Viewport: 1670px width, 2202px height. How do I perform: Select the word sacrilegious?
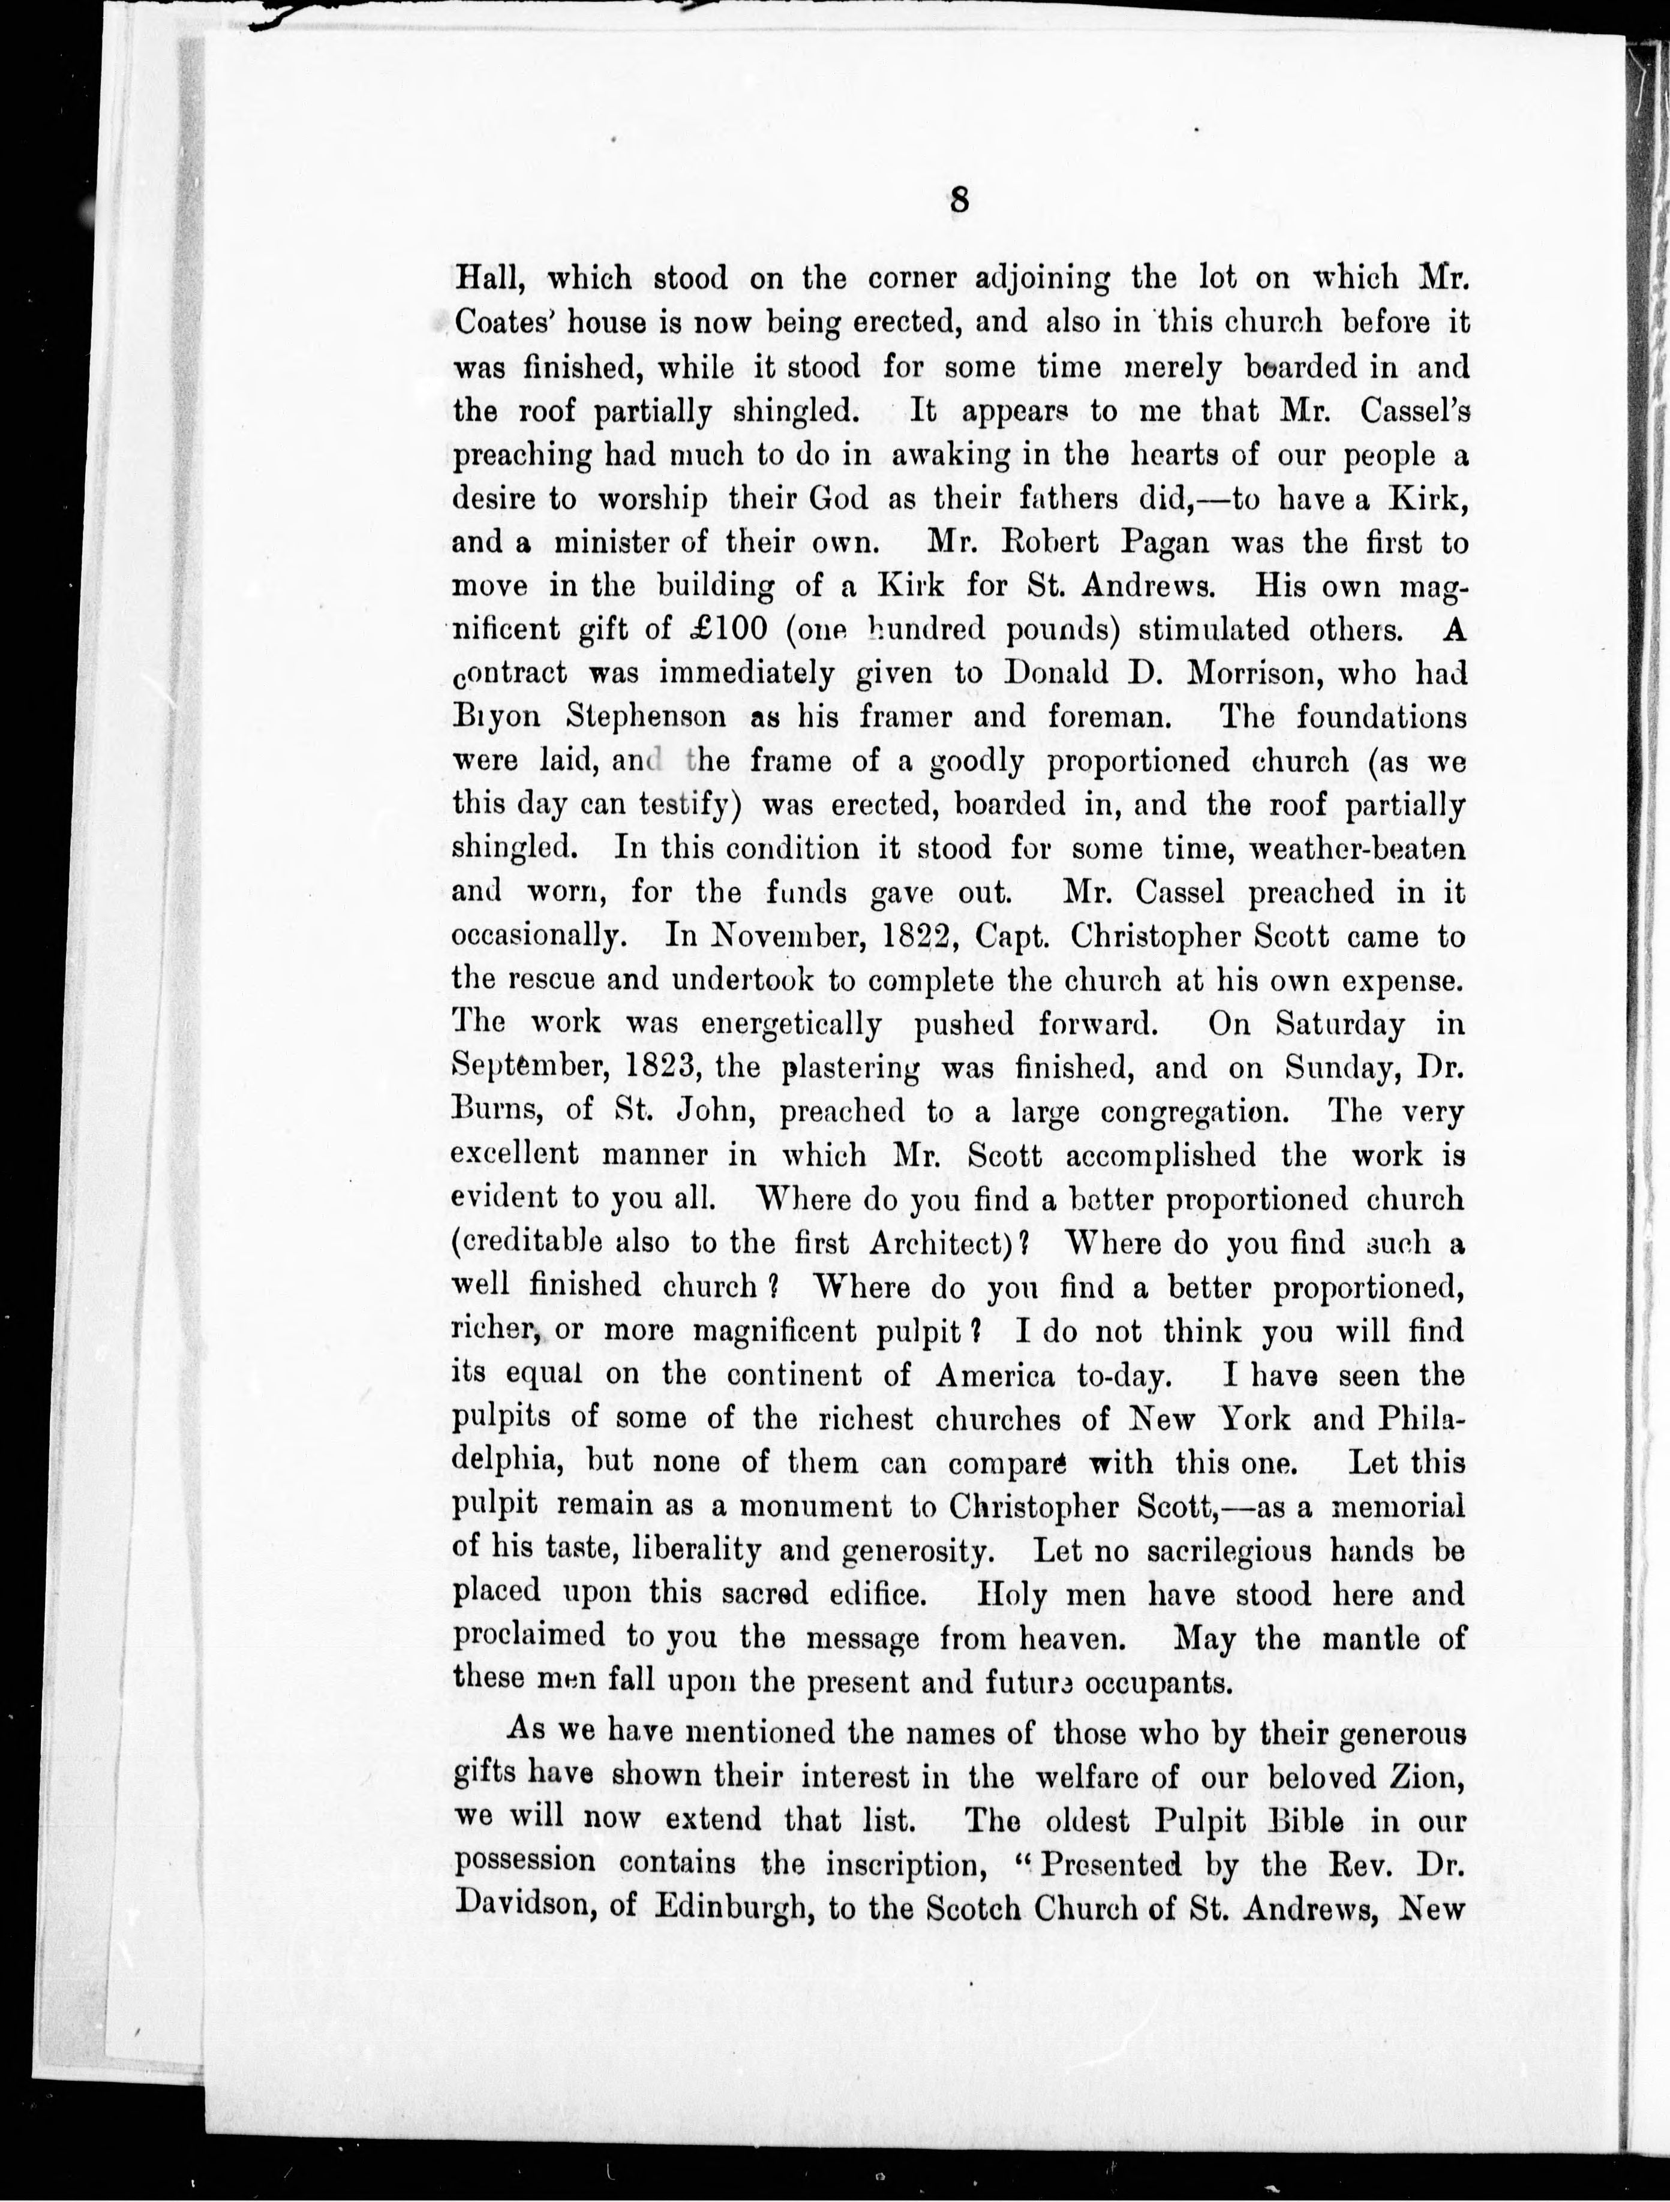[1257, 1550]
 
